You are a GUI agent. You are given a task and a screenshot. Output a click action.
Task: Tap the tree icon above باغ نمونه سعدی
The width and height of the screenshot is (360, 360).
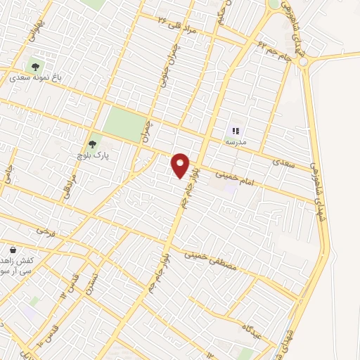[35, 67]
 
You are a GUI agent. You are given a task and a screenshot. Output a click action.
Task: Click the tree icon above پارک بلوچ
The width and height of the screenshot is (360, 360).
[92, 143]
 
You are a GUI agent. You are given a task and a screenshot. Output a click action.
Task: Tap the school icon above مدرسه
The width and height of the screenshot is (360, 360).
[236, 131]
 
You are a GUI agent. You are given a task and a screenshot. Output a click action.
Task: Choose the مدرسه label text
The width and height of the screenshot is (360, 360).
[236, 141]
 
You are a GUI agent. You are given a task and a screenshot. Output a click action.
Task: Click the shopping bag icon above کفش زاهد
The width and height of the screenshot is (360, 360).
[13, 250]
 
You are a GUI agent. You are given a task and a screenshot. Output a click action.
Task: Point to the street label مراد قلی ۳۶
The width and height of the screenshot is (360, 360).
[172, 22]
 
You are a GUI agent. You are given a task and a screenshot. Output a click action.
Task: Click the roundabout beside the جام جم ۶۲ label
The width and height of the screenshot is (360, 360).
[303, 62]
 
